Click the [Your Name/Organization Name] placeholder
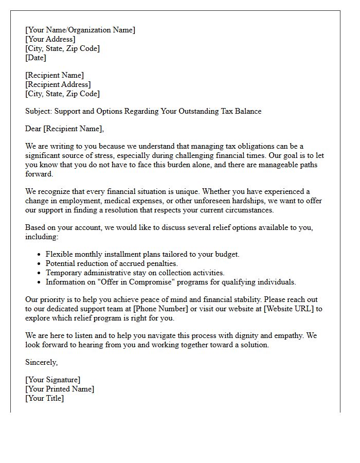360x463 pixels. pos(80,30)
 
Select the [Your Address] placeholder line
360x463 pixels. pos(50,39)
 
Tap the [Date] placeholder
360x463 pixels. pos(36,58)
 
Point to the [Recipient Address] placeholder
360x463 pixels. pos(58,84)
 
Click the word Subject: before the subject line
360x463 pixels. pos(39,111)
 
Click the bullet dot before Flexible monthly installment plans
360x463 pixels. pos(40,255)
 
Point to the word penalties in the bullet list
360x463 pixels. pos(160,263)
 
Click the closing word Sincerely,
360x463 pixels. pos(41,362)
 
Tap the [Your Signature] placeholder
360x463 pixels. pos(53,380)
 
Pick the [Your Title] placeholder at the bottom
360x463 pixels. pos(45,398)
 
